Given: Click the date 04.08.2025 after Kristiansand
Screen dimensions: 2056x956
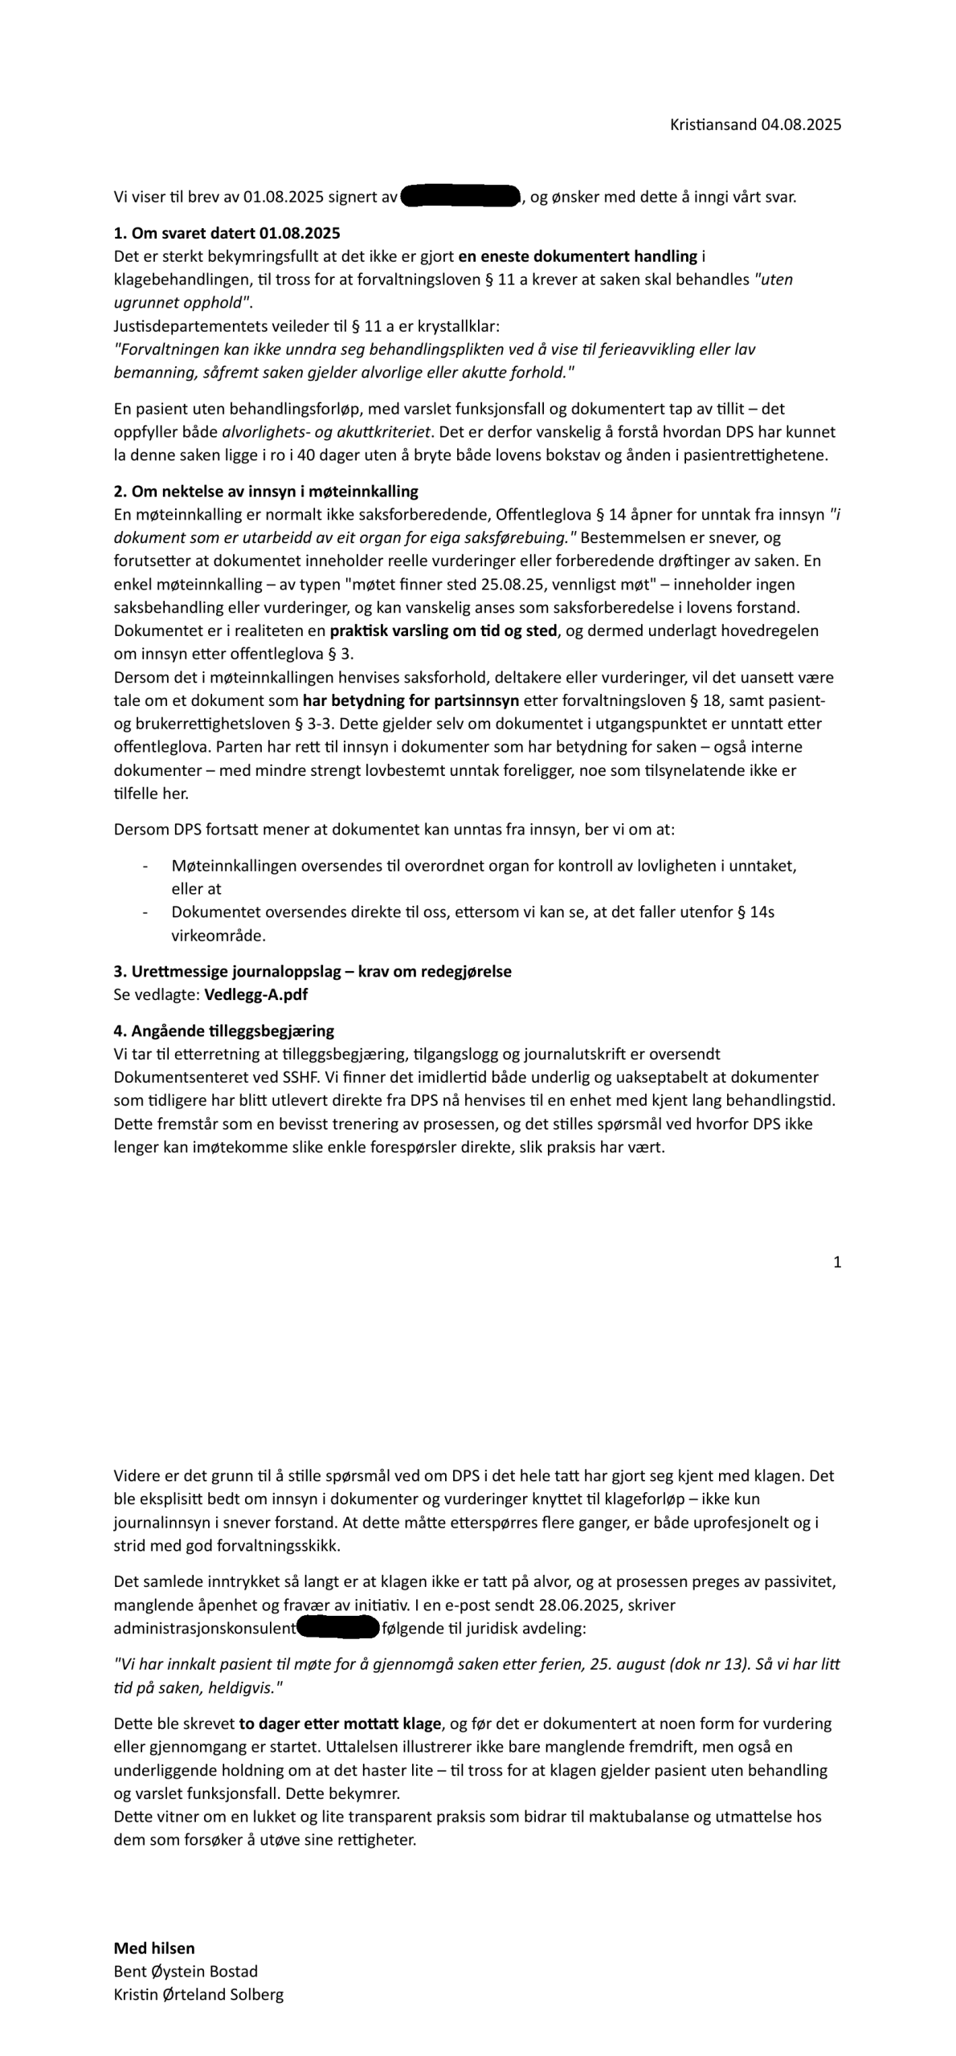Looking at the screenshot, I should tap(801, 124).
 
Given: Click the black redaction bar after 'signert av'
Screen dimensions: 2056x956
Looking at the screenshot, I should tap(460, 197).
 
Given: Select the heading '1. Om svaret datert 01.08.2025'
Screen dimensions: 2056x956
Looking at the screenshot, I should tap(227, 234).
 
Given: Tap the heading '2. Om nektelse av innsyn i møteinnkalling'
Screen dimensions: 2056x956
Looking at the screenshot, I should tap(266, 492).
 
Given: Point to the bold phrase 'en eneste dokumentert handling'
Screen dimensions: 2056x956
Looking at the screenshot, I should tap(578, 257).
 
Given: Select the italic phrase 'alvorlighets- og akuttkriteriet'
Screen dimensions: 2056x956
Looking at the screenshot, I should tap(326, 432).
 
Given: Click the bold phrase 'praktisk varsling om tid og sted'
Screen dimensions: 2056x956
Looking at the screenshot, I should tap(443, 631).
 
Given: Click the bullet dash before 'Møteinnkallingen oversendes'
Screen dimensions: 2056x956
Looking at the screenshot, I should tap(145, 867).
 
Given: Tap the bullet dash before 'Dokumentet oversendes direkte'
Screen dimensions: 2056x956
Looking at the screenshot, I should tap(145, 913).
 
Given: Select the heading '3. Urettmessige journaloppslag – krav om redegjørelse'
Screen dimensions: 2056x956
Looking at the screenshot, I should tap(313, 972).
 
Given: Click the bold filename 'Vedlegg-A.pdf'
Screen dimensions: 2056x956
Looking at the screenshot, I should tap(255, 995).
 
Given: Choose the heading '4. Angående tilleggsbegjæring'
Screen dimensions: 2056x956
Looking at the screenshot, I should tap(224, 1031).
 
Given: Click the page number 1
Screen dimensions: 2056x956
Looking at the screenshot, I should tap(837, 1263).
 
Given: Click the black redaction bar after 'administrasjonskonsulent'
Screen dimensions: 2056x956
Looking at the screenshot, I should tap(338, 1629).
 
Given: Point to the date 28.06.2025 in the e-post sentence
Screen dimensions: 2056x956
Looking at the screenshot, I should tap(574, 1605).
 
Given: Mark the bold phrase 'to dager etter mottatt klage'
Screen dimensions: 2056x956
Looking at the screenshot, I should tap(340, 1724).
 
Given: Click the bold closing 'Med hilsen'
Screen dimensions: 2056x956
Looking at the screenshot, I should tap(154, 1948).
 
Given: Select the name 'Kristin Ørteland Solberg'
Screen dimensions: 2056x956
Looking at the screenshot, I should tap(198, 1995).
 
